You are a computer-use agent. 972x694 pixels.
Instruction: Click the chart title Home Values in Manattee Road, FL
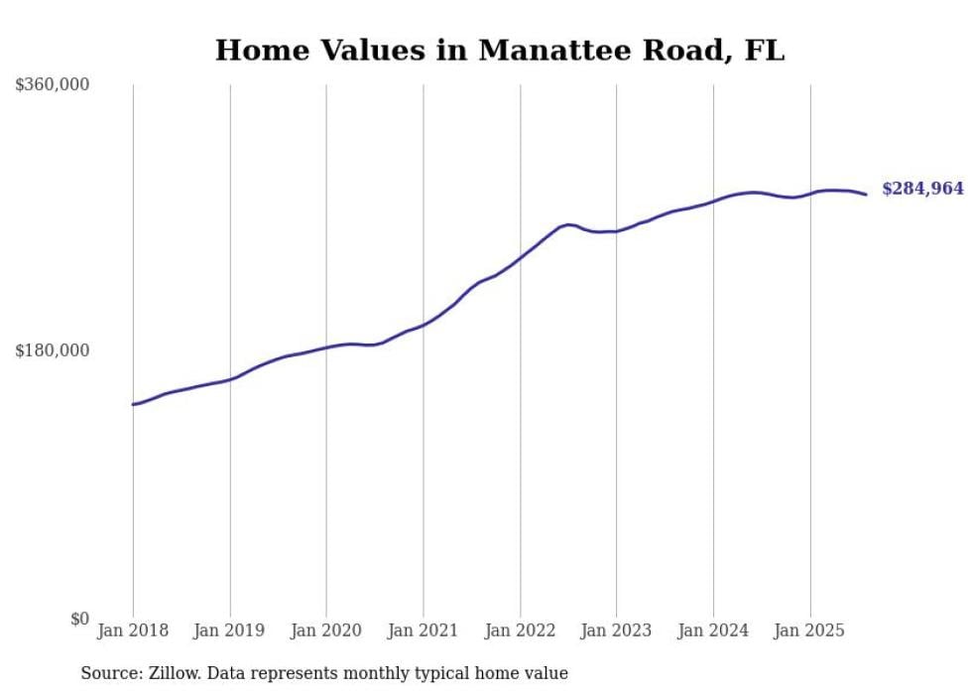click(499, 50)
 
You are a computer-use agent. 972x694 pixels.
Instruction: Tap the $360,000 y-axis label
click(52, 85)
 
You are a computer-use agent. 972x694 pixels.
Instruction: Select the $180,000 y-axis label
click(52, 350)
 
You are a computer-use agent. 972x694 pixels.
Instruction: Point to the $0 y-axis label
click(79, 619)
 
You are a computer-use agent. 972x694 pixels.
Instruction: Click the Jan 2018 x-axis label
click(133, 630)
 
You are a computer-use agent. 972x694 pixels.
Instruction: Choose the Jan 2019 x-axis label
click(230, 630)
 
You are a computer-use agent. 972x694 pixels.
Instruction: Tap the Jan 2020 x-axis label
click(326, 630)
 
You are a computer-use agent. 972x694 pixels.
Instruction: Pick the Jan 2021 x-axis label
click(424, 630)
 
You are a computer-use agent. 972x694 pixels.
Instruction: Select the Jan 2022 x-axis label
click(520, 630)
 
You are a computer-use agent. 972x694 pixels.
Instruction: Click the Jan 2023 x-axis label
click(617, 630)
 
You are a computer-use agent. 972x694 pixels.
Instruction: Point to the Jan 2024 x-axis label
click(713, 630)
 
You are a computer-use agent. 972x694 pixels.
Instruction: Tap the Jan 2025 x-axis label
click(810, 630)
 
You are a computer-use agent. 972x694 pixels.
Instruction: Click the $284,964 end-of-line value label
click(922, 189)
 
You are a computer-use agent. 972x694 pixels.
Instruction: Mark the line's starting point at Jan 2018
click(133, 404)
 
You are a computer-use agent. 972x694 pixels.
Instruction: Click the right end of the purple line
click(866, 194)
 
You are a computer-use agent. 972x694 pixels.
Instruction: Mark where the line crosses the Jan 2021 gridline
click(424, 324)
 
